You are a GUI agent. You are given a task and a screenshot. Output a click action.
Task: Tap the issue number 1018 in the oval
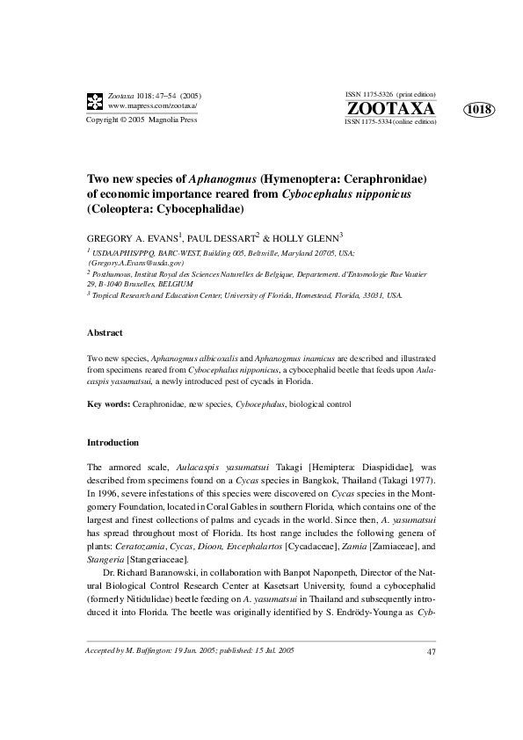coord(479,110)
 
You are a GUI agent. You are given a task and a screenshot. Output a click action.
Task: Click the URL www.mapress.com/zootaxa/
coord(152,105)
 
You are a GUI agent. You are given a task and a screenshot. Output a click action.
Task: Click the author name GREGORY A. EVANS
coord(132,238)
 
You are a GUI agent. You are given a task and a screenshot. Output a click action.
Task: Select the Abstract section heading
coord(105,333)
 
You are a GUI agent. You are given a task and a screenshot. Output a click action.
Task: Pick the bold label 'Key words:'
coord(108,404)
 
